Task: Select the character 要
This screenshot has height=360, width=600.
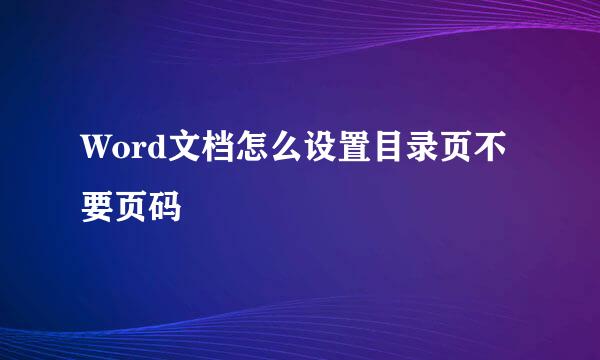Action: [x=99, y=208]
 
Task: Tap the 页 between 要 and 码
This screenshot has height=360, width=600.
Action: [x=132, y=208]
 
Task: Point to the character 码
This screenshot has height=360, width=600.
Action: [x=165, y=208]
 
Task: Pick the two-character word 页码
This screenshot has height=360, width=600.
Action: [x=149, y=208]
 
